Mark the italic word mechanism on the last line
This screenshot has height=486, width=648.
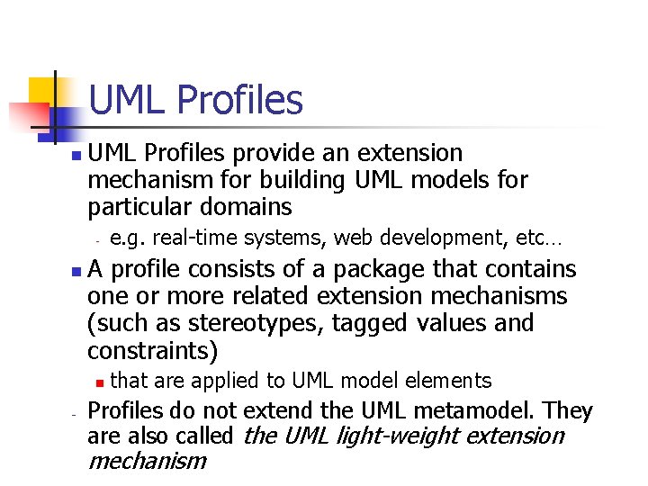147,462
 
